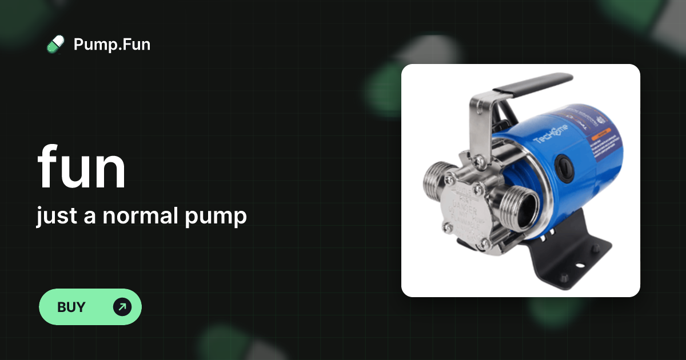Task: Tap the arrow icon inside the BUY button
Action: pyautogui.click(x=122, y=307)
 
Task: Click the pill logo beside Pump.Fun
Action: pyautogui.click(x=55, y=44)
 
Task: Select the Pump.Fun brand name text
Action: pyautogui.click(x=112, y=44)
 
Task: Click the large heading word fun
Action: pyautogui.click(x=81, y=167)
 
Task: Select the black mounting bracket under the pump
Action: pyautogui.click(x=566, y=257)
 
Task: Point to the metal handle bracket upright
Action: pyautogui.click(x=479, y=123)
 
